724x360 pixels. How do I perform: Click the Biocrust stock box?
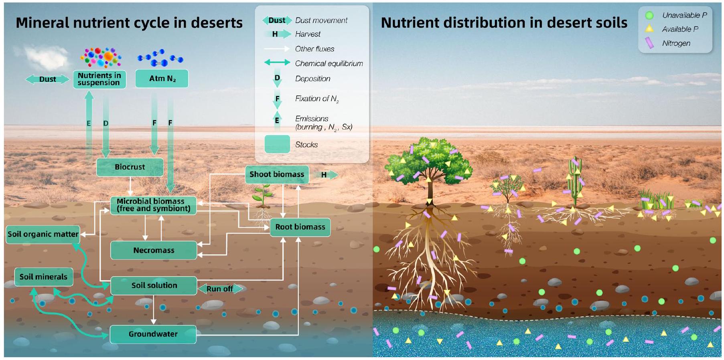point(130,167)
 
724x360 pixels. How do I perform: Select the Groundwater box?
point(153,334)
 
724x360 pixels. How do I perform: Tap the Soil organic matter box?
point(43,234)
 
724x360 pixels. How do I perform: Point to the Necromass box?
point(154,250)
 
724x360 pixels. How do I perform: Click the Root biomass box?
point(300,227)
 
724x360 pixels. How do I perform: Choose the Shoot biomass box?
point(277,174)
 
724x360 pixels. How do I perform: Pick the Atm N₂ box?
point(162,79)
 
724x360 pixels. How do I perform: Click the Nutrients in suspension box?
point(99,79)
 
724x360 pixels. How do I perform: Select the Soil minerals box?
point(43,277)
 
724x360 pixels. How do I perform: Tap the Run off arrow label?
point(220,289)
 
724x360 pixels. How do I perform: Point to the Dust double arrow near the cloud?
point(47,79)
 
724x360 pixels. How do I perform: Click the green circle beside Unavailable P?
point(649,16)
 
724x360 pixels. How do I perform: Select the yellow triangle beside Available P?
point(649,29)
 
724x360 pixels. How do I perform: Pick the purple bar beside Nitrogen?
point(649,43)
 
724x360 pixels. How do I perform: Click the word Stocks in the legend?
point(306,145)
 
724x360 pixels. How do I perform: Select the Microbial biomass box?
point(153,205)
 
